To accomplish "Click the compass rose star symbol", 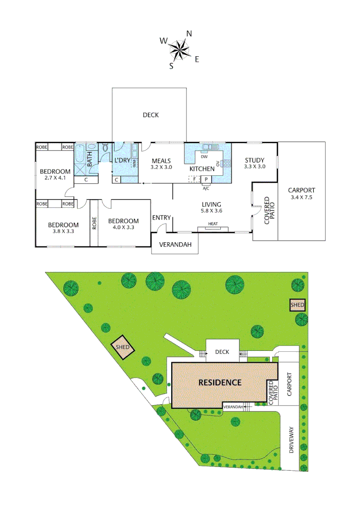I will click(x=179, y=49).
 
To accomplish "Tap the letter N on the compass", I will click(x=189, y=34).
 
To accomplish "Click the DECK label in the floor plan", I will click(x=151, y=115).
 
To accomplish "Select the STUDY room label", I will click(x=254, y=160).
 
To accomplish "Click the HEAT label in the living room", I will click(x=213, y=224).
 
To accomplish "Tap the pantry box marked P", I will click(x=206, y=179).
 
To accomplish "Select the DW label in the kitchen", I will click(x=204, y=157).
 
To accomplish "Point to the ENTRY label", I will click(x=161, y=217).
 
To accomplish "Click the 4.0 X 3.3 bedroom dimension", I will click(x=123, y=227).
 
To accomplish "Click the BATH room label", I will click(x=90, y=154).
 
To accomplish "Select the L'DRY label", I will click(x=122, y=160).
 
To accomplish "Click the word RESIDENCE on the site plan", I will click(x=220, y=382).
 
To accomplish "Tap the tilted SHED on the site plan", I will click(x=122, y=348).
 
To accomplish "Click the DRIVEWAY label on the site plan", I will click(x=291, y=441).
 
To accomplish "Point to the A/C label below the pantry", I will click(x=206, y=188).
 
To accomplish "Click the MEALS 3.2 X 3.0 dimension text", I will click(x=161, y=167).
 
